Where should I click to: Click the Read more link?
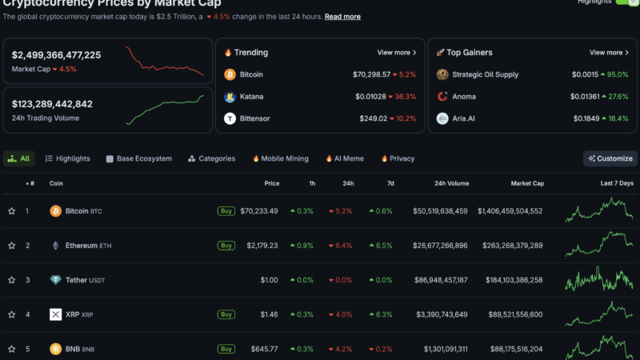pyautogui.click(x=342, y=17)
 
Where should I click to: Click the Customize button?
pyautogui.click(x=610, y=158)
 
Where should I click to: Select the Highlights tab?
pyautogui.click(x=68, y=158)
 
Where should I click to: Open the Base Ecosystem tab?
pyautogui.click(x=138, y=158)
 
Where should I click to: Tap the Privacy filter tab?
pyautogui.click(x=398, y=158)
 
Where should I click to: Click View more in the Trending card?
pyautogui.click(x=397, y=53)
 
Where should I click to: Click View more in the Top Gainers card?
pyautogui.click(x=609, y=53)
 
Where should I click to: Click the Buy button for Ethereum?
pyautogui.click(x=226, y=246)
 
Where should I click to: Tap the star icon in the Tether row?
pyautogui.click(x=12, y=280)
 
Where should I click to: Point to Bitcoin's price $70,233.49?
pyautogui.click(x=259, y=211)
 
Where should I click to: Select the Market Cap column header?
pyautogui.click(x=527, y=183)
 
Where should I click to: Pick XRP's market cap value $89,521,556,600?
pyautogui.click(x=510, y=314)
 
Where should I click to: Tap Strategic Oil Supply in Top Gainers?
pyautogui.click(x=485, y=74)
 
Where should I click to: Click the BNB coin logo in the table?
pyautogui.click(x=55, y=349)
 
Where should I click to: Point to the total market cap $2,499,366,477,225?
pyautogui.click(x=57, y=55)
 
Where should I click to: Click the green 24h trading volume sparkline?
pyautogui.click(x=165, y=110)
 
